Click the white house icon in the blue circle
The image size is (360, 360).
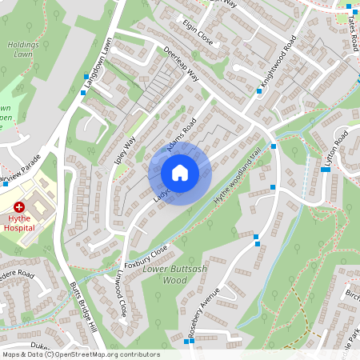pos(180,173)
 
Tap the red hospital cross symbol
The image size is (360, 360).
pos(18,206)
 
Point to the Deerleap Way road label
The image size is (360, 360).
pos(181,64)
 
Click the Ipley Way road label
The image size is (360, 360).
pos(126,147)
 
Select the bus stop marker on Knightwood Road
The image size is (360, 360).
pos(259,91)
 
